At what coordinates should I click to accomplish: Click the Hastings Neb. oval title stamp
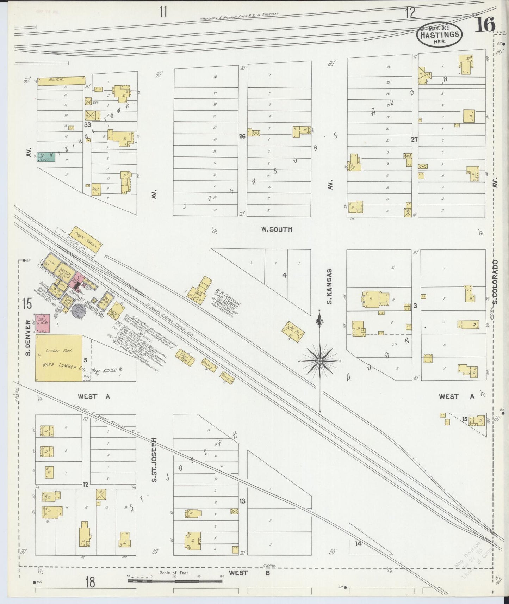coord(439,34)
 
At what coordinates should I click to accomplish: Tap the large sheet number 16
coord(486,25)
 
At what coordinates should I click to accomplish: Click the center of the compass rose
coord(319,361)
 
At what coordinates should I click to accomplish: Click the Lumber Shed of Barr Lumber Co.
coord(59,358)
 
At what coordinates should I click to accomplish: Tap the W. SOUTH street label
coord(277,229)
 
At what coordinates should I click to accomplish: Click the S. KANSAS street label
coord(330,286)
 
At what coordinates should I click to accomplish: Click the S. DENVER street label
coord(28,333)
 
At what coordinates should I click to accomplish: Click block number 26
coord(242,136)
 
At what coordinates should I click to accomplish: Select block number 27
coord(414,140)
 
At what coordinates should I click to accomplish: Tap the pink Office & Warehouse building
coord(42,323)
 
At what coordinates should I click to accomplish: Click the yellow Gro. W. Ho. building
coord(61,81)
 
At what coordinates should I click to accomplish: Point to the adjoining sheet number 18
coord(90,582)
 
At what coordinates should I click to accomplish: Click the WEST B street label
coord(249,573)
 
